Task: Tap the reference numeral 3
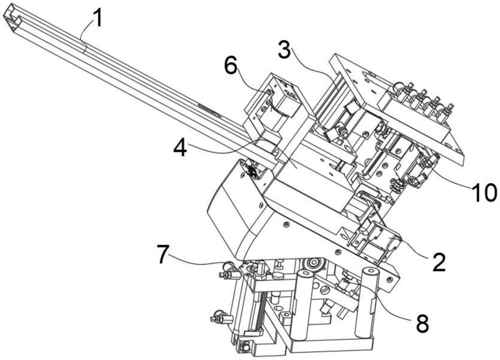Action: (284, 49)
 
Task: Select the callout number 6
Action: (230, 66)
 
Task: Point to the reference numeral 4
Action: (180, 148)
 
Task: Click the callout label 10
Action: (484, 192)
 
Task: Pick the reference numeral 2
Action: (439, 262)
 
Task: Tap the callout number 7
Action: (163, 254)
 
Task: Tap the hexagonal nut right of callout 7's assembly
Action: (277, 275)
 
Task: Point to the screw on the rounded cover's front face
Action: (261, 204)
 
